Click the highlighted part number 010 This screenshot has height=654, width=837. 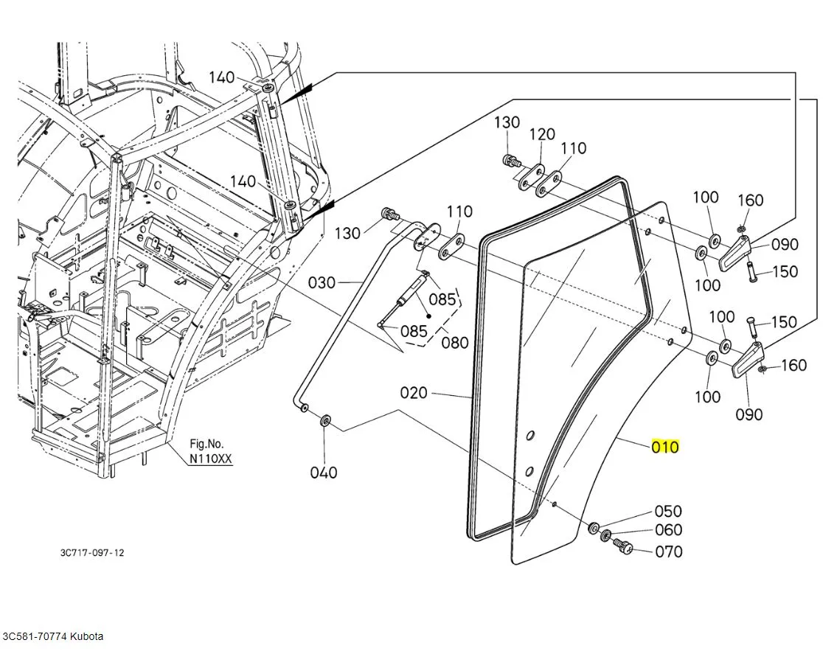[x=664, y=447]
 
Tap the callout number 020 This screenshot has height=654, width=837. [x=414, y=393]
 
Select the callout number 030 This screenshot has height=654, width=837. [x=322, y=282]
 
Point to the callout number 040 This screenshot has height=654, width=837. [x=324, y=473]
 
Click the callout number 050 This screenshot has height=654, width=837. [x=668, y=511]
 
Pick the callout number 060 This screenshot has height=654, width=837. [x=668, y=530]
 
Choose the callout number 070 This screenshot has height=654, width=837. [x=668, y=552]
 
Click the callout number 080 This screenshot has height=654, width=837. [x=455, y=343]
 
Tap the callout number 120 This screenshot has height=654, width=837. [x=542, y=134]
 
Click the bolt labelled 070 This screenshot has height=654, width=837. [x=623, y=546]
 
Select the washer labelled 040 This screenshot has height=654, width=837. [x=325, y=422]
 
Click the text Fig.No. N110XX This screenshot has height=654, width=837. [x=210, y=451]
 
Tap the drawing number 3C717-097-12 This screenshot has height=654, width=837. [x=93, y=552]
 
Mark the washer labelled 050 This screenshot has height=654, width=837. [x=594, y=528]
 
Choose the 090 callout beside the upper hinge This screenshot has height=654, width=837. [x=785, y=245]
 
